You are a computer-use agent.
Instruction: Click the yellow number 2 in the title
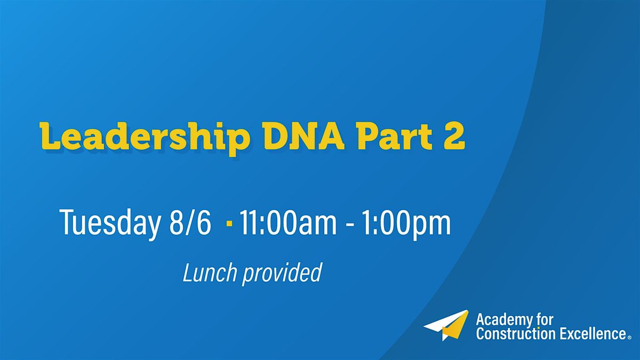pos(455,137)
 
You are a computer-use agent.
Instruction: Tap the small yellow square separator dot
pos(229,223)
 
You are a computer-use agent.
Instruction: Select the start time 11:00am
pos(288,223)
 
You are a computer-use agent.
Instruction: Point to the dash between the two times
pos(350,225)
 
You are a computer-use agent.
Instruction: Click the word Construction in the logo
pos(515,334)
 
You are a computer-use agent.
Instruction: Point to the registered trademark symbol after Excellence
pos(630,338)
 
